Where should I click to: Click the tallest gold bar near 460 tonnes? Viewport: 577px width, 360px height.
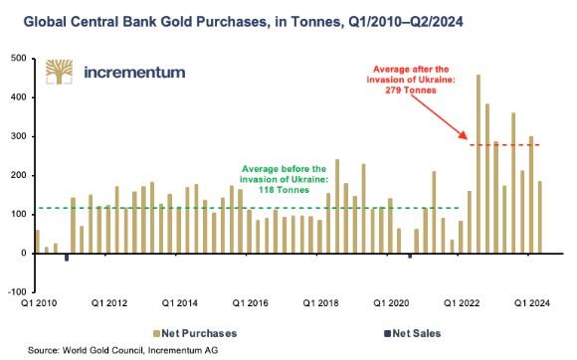pyautogui.click(x=479, y=164)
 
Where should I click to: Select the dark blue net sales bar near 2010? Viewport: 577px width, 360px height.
pyautogui.click(x=67, y=258)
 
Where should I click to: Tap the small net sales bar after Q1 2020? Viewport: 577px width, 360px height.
pyautogui.click(x=410, y=256)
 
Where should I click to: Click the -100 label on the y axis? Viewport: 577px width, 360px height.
pyautogui.click(x=18, y=292)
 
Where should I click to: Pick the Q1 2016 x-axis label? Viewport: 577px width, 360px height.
pyautogui.click(x=251, y=303)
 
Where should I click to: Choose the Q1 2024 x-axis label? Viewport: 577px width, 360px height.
pyautogui.click(x=532, y=303)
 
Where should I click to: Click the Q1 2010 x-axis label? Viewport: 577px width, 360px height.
pyautogui.click(x=39, y=303)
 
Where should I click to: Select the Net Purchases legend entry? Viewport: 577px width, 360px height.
pyautogui.click(x=195, y=333)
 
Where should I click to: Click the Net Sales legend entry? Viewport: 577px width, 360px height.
pyautogui.click(x=413, y=333)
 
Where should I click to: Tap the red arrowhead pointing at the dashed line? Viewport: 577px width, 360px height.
pyautogui.click(x=464, y=135)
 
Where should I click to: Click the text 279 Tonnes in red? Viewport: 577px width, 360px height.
pyautogui.click(x=411, y=90)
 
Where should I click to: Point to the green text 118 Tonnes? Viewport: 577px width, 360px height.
pyautogui.click(x=284, y=190)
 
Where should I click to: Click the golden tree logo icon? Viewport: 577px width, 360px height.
pyautogui.click(x=59, y=72)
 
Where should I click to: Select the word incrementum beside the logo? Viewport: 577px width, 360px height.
pyautogui.click(x=134, y=73)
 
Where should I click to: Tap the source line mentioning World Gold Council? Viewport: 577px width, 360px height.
pyautogui.click(x=123, y=350)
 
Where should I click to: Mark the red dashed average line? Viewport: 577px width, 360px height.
pyautogui.click(x=505, y=145)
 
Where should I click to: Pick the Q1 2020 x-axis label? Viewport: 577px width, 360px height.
pyautogui.click(x=391, y=303)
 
